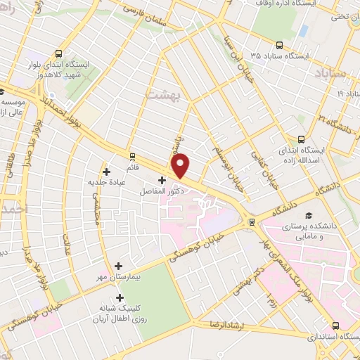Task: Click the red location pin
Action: coord(181,165)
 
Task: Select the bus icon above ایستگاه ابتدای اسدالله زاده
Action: coord(301,139)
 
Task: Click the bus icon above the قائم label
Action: coord(131,156)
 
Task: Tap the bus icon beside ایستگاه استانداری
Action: coord(335,326)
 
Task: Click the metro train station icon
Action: coord(252,222)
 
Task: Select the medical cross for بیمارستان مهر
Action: coord(118,266)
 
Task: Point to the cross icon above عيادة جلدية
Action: coord(106,171)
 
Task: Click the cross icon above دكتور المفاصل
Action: coord(162,180)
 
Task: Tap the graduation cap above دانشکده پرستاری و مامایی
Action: coord(307,217)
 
